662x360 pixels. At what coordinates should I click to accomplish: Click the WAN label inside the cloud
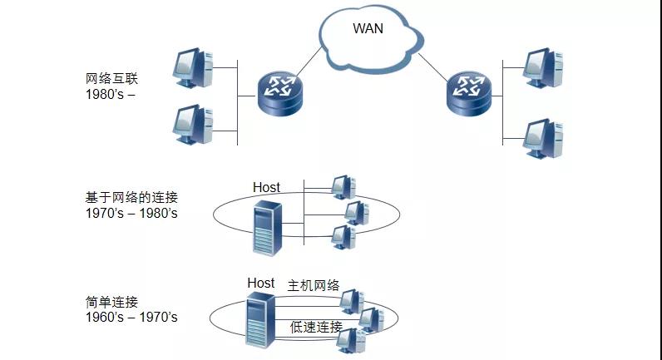[x=369, y=29]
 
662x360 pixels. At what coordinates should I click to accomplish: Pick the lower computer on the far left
[x=195, y=124]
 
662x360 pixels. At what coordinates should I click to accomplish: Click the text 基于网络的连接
[x=131, y=198]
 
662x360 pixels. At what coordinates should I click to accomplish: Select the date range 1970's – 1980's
[x=131, y=214]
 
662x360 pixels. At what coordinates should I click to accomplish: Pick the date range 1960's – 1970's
[x=131, y=317]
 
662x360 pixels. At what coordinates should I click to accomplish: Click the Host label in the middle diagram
[x=266, y=188]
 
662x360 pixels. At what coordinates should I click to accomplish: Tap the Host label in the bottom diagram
[x=260, y=283]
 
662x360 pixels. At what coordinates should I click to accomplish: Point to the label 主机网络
[x=314, y=285]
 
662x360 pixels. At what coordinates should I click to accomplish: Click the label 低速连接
[x=316, y=327]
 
